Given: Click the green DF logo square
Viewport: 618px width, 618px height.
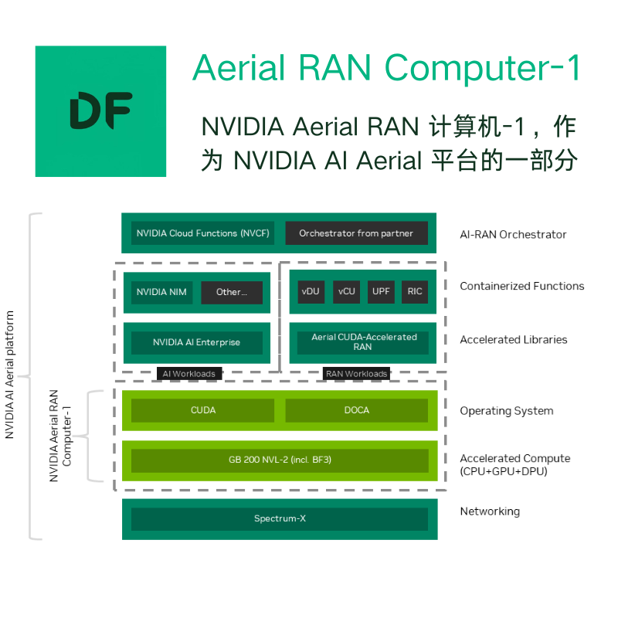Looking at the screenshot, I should pyautogui.click(x=100, y=110).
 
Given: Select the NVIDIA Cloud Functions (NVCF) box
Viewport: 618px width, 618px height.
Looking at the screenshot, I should pyautogui.click(x=202, y=233).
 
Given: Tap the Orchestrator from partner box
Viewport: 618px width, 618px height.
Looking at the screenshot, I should pyautogui.click(x=356, y=233).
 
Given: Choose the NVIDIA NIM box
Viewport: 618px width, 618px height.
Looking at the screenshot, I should pyautogui.click(x=162, y=293).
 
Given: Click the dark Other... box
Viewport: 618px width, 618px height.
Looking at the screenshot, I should pyautogui.click(x=232, y=293).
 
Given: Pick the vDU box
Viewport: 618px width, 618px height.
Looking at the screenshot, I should pyautogui.click(x=311, y=292).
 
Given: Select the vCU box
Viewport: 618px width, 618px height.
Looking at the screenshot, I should pyautogui.click(x=347, y=292).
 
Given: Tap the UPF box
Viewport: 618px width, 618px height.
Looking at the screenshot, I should pyautogui.click(x=381, y=292).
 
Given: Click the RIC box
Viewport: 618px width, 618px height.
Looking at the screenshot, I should pyautogui.click(x=415, y=292).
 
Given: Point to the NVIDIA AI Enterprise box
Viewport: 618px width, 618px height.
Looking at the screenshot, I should pyautogui.click(x=196, y=342).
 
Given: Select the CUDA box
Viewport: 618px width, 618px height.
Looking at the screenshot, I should pyautogui.click(x=202, y=410).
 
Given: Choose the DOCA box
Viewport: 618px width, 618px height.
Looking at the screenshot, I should pyautogui.click(x=356, y=410).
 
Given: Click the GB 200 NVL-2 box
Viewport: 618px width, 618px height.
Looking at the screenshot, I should pyautogui.click(x=280, y=460).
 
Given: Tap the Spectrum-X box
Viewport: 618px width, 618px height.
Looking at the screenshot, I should pyautogui.click(x=280, y=518).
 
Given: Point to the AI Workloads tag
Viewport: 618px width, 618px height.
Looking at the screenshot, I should pyautogui.click(x=188, y=374).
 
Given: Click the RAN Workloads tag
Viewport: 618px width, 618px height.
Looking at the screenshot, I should pyautogui.click(x=356, y=374).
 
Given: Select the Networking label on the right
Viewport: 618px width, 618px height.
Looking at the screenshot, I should pyautogui.click(x=490, y=511).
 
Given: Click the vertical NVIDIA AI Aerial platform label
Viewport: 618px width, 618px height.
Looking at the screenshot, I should pyautogui.click(x=10, y=375).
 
